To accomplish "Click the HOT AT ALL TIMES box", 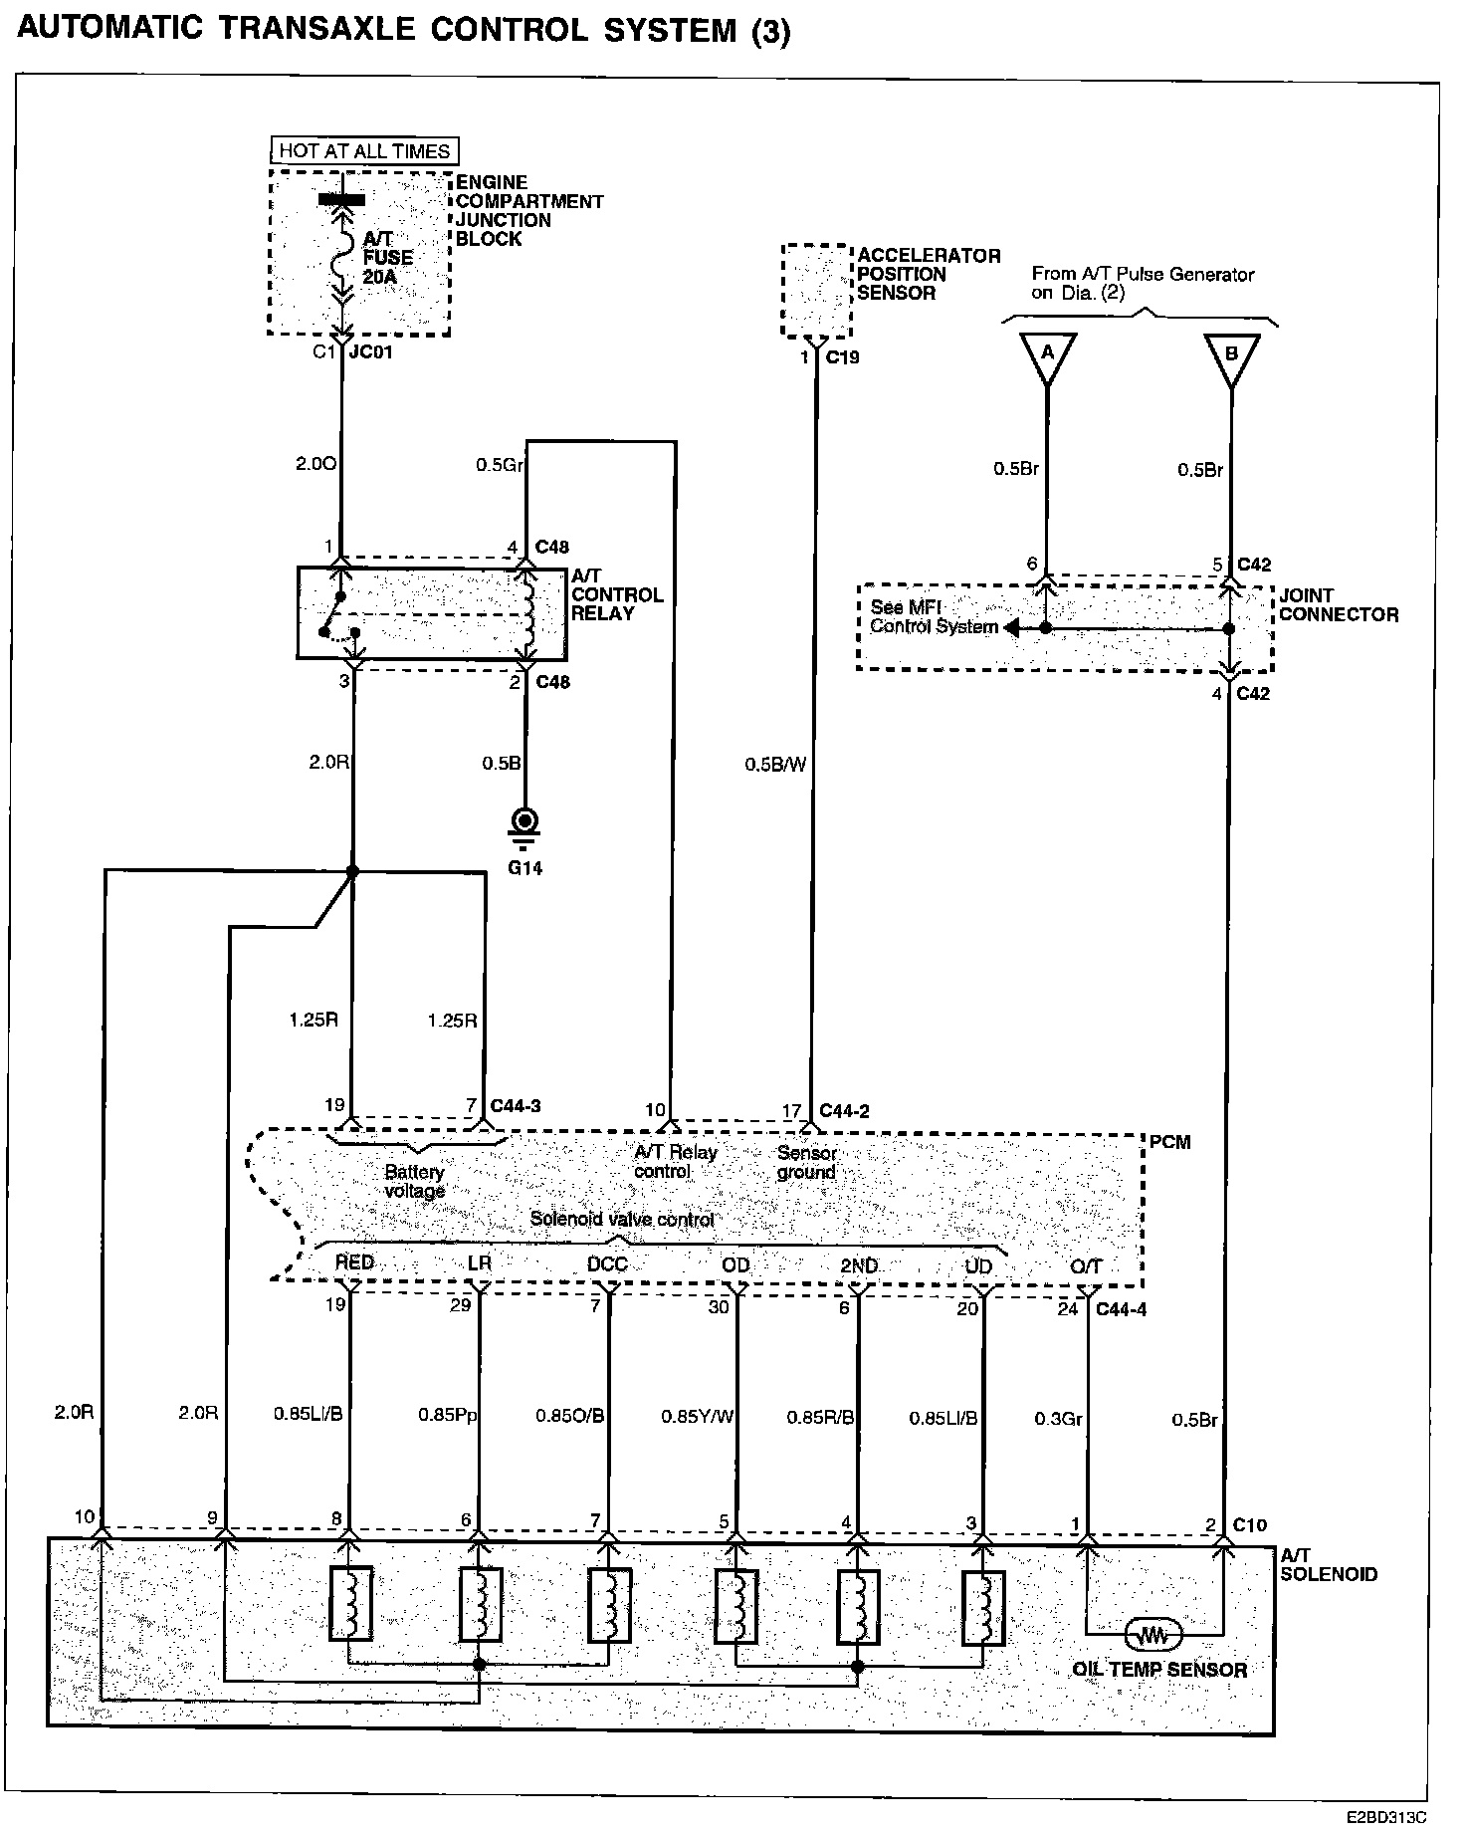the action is [364, 151].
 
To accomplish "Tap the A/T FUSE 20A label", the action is [387, 257].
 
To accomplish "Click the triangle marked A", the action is [1046, 358].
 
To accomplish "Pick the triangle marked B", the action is [1231, 358].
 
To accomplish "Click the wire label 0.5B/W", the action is [774, 765].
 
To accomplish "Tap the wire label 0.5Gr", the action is [500, 464].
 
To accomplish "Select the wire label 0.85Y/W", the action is [697, 1416].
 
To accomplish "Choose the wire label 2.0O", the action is [316, 464].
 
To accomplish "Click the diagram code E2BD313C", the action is [1388, 1817].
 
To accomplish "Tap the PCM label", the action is [1169, 1142].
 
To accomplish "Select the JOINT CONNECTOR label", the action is [1338, 604].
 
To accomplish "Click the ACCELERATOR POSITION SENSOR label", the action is [928, 274].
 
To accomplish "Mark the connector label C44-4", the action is [1121, 1309].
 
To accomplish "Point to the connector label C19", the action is [842, 356].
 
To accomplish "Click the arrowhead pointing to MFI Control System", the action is [1009, 628].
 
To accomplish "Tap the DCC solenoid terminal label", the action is [607, 1263].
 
